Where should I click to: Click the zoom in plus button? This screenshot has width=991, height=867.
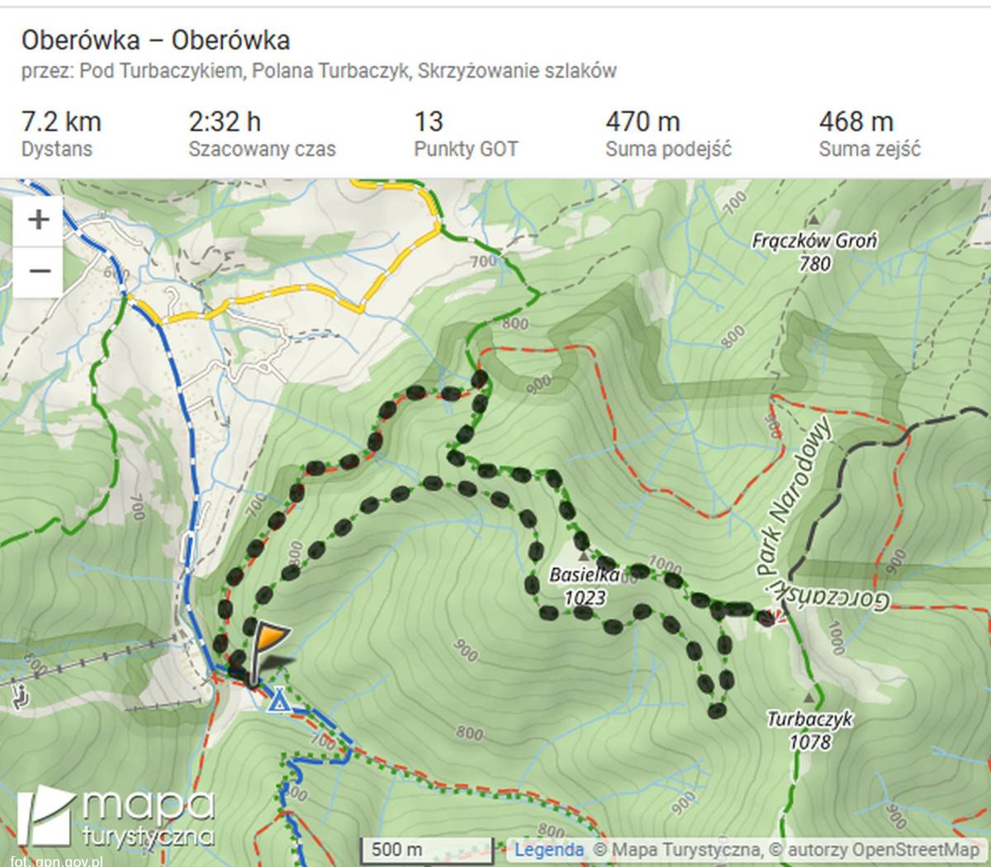click(x=39, y=220)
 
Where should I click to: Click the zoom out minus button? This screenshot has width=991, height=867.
click(x=39, y=271)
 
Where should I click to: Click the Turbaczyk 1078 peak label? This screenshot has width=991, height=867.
click(x=809, y=730)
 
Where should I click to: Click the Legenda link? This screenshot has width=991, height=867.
click(x=548, y=849)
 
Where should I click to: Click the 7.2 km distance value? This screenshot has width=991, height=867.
click(x=61, y=121)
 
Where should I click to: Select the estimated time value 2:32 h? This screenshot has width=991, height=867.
click(x=225, y=121)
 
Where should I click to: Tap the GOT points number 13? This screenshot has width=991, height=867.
click(x=429, y=121)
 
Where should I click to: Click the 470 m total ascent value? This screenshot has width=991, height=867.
click(x=642, y=121)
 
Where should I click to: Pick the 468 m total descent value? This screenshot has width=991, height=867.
click(x=856, y=121)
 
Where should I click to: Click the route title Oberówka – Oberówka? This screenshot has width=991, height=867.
click(x=155, y=40)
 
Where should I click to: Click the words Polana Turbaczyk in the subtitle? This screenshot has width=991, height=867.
click(x=330, y=71)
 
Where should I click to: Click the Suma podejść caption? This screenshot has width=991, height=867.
click(x=667, y=149)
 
